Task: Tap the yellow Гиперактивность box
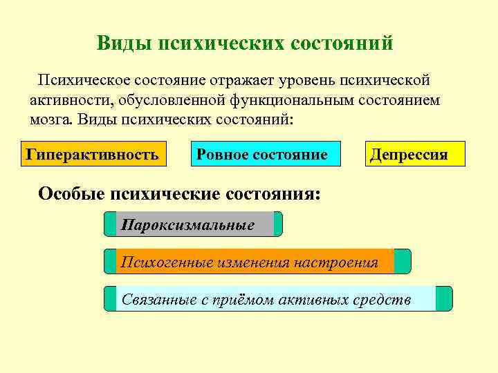click(x=92, y=154)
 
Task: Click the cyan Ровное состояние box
click(x=262, y=154)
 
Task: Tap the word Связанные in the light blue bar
click(x=154, y=299)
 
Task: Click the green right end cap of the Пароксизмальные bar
click(x=278, y=224)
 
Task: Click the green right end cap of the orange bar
click(x=403, y=262)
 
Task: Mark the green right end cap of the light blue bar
click(x=444, y=299)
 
